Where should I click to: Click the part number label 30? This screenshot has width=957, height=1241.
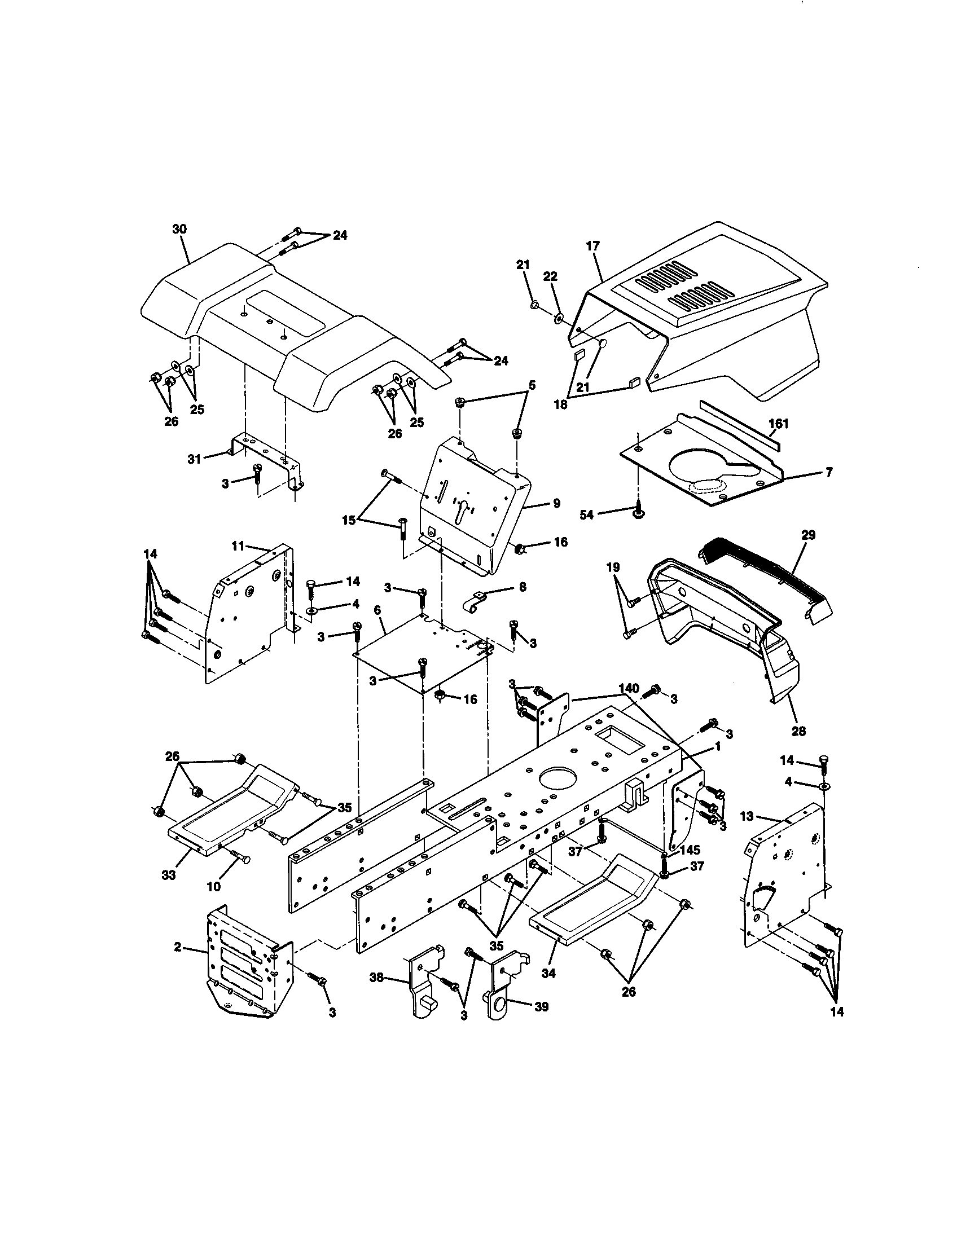[179, 229]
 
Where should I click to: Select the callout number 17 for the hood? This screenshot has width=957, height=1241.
[592, 247]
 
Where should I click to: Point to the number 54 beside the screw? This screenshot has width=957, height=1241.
[586, 514]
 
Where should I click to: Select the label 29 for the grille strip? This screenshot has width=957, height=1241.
[808, 535]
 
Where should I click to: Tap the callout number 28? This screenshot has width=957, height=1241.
[798, 731]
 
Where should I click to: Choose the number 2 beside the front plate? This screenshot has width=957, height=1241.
[178, 947]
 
